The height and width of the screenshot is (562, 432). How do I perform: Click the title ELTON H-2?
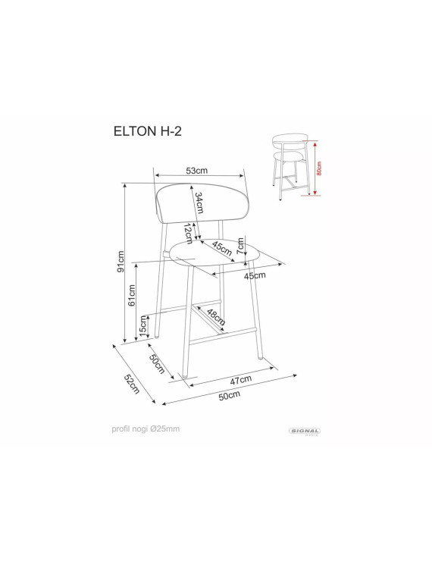[148, 131]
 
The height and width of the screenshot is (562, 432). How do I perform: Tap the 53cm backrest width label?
[196, 171]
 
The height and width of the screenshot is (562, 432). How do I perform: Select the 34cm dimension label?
[199, 203]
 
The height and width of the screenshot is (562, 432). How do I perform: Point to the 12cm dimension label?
[188, 234]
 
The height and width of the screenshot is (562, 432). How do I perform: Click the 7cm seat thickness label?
[240, 245]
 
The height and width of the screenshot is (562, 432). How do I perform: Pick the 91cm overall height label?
[121, 262]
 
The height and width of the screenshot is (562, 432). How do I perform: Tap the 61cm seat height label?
[132, 295]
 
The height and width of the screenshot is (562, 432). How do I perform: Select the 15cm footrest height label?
[143, 326]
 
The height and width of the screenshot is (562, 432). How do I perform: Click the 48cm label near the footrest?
[216, 317]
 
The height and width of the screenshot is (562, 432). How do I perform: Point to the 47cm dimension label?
[241, 380]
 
